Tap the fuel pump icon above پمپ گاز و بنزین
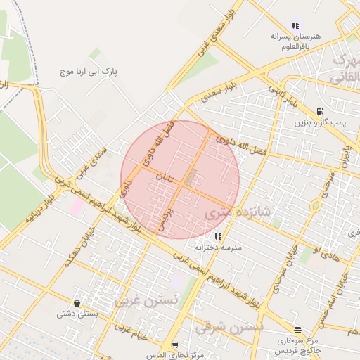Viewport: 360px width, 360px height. [321, 111]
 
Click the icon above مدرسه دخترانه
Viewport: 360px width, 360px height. [218, 236]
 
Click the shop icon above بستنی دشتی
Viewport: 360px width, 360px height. [77, 304]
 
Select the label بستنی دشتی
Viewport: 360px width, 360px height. [77, 316]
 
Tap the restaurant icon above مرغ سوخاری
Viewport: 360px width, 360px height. [298, 329]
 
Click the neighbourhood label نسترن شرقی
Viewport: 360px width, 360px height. [229, 328]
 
